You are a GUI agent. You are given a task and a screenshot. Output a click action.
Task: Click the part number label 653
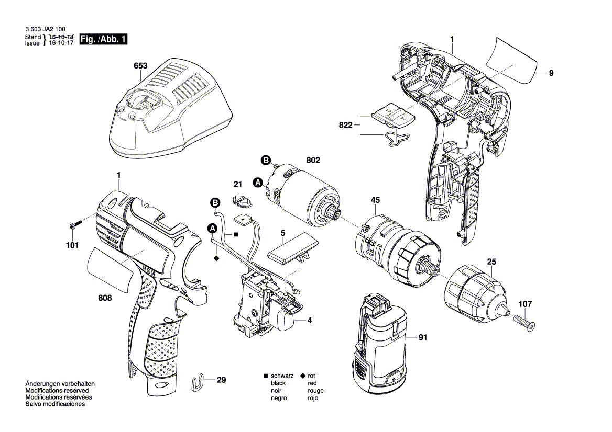(140, 66)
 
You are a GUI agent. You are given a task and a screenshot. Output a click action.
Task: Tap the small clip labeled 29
(199, 383)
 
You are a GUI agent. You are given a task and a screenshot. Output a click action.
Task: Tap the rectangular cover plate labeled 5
(292, 252)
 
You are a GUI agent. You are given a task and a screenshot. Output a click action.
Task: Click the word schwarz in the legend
(281, 376)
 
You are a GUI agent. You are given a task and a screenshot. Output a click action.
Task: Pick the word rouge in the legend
(315, 391)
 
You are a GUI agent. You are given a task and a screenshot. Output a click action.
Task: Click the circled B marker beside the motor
(266, 160)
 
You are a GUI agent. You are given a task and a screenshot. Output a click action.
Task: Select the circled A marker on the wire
(212, 228)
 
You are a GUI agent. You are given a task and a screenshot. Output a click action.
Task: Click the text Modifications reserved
(57, 391)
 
